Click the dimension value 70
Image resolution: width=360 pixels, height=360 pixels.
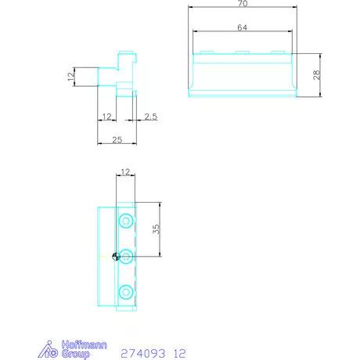click(243, 3)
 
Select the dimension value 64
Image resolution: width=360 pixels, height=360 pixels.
click(243, 27)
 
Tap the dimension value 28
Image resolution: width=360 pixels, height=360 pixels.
click(316, 75)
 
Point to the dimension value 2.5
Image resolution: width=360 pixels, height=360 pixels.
click(151, 117)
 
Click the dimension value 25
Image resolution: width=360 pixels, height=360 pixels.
click(117, 140)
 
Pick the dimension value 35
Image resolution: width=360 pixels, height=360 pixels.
click(156, 229)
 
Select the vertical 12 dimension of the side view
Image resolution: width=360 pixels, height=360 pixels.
click(71, 77)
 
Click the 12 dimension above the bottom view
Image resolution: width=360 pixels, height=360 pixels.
click(125, 171)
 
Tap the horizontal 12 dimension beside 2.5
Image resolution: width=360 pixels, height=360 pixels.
click(107, 117)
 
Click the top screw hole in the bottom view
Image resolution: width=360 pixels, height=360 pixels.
click(126, 221)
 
